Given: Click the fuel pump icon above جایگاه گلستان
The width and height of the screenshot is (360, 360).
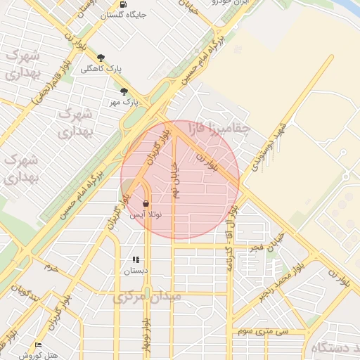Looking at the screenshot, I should [x=124, y=4].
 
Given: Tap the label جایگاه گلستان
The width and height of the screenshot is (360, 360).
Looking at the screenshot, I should [x=124, y=14].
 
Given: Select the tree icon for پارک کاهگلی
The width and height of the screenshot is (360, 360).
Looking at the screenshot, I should [x=101, y=58].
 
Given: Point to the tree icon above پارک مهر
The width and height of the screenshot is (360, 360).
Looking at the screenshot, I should [x=124, y=91].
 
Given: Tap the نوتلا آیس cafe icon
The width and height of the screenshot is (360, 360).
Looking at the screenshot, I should [x=146, y=204].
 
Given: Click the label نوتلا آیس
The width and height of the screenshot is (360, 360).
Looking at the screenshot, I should [x=146, y=214].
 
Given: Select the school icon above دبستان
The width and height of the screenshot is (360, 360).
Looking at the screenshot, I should [x=136, y=259].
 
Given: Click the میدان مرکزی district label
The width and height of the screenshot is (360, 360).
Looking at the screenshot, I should [x=148, y=297].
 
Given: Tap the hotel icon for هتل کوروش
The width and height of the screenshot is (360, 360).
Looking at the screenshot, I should [x=38, y=345].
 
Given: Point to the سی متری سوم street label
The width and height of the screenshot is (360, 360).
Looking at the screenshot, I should [x=263, y=329].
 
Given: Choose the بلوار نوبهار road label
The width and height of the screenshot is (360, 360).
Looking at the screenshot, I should [x=146, y=335].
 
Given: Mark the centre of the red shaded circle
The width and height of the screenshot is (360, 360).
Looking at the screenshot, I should [x=180, y=180].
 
